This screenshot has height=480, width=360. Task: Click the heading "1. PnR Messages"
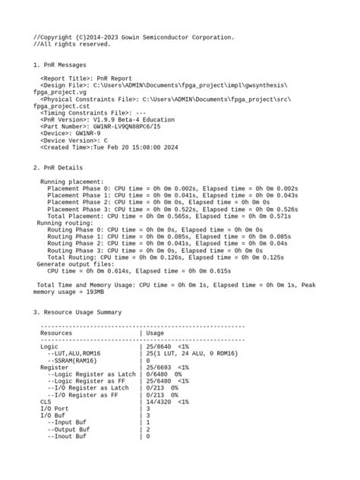[x=60, y=65]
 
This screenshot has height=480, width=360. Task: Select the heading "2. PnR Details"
[x=58, y=167]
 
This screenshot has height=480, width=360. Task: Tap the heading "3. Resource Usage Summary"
[x=77, y=312]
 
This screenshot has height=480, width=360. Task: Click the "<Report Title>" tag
[x=66, y=78]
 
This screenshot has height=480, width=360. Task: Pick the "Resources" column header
[x=56, y=333]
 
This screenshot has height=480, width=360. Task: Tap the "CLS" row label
[x=46, y=402]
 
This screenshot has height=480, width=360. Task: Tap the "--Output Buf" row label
[x=68, y=430]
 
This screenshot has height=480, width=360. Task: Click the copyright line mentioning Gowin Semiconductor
[x=133, y=37]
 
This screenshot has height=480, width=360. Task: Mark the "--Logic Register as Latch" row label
[x=90, y=374]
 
